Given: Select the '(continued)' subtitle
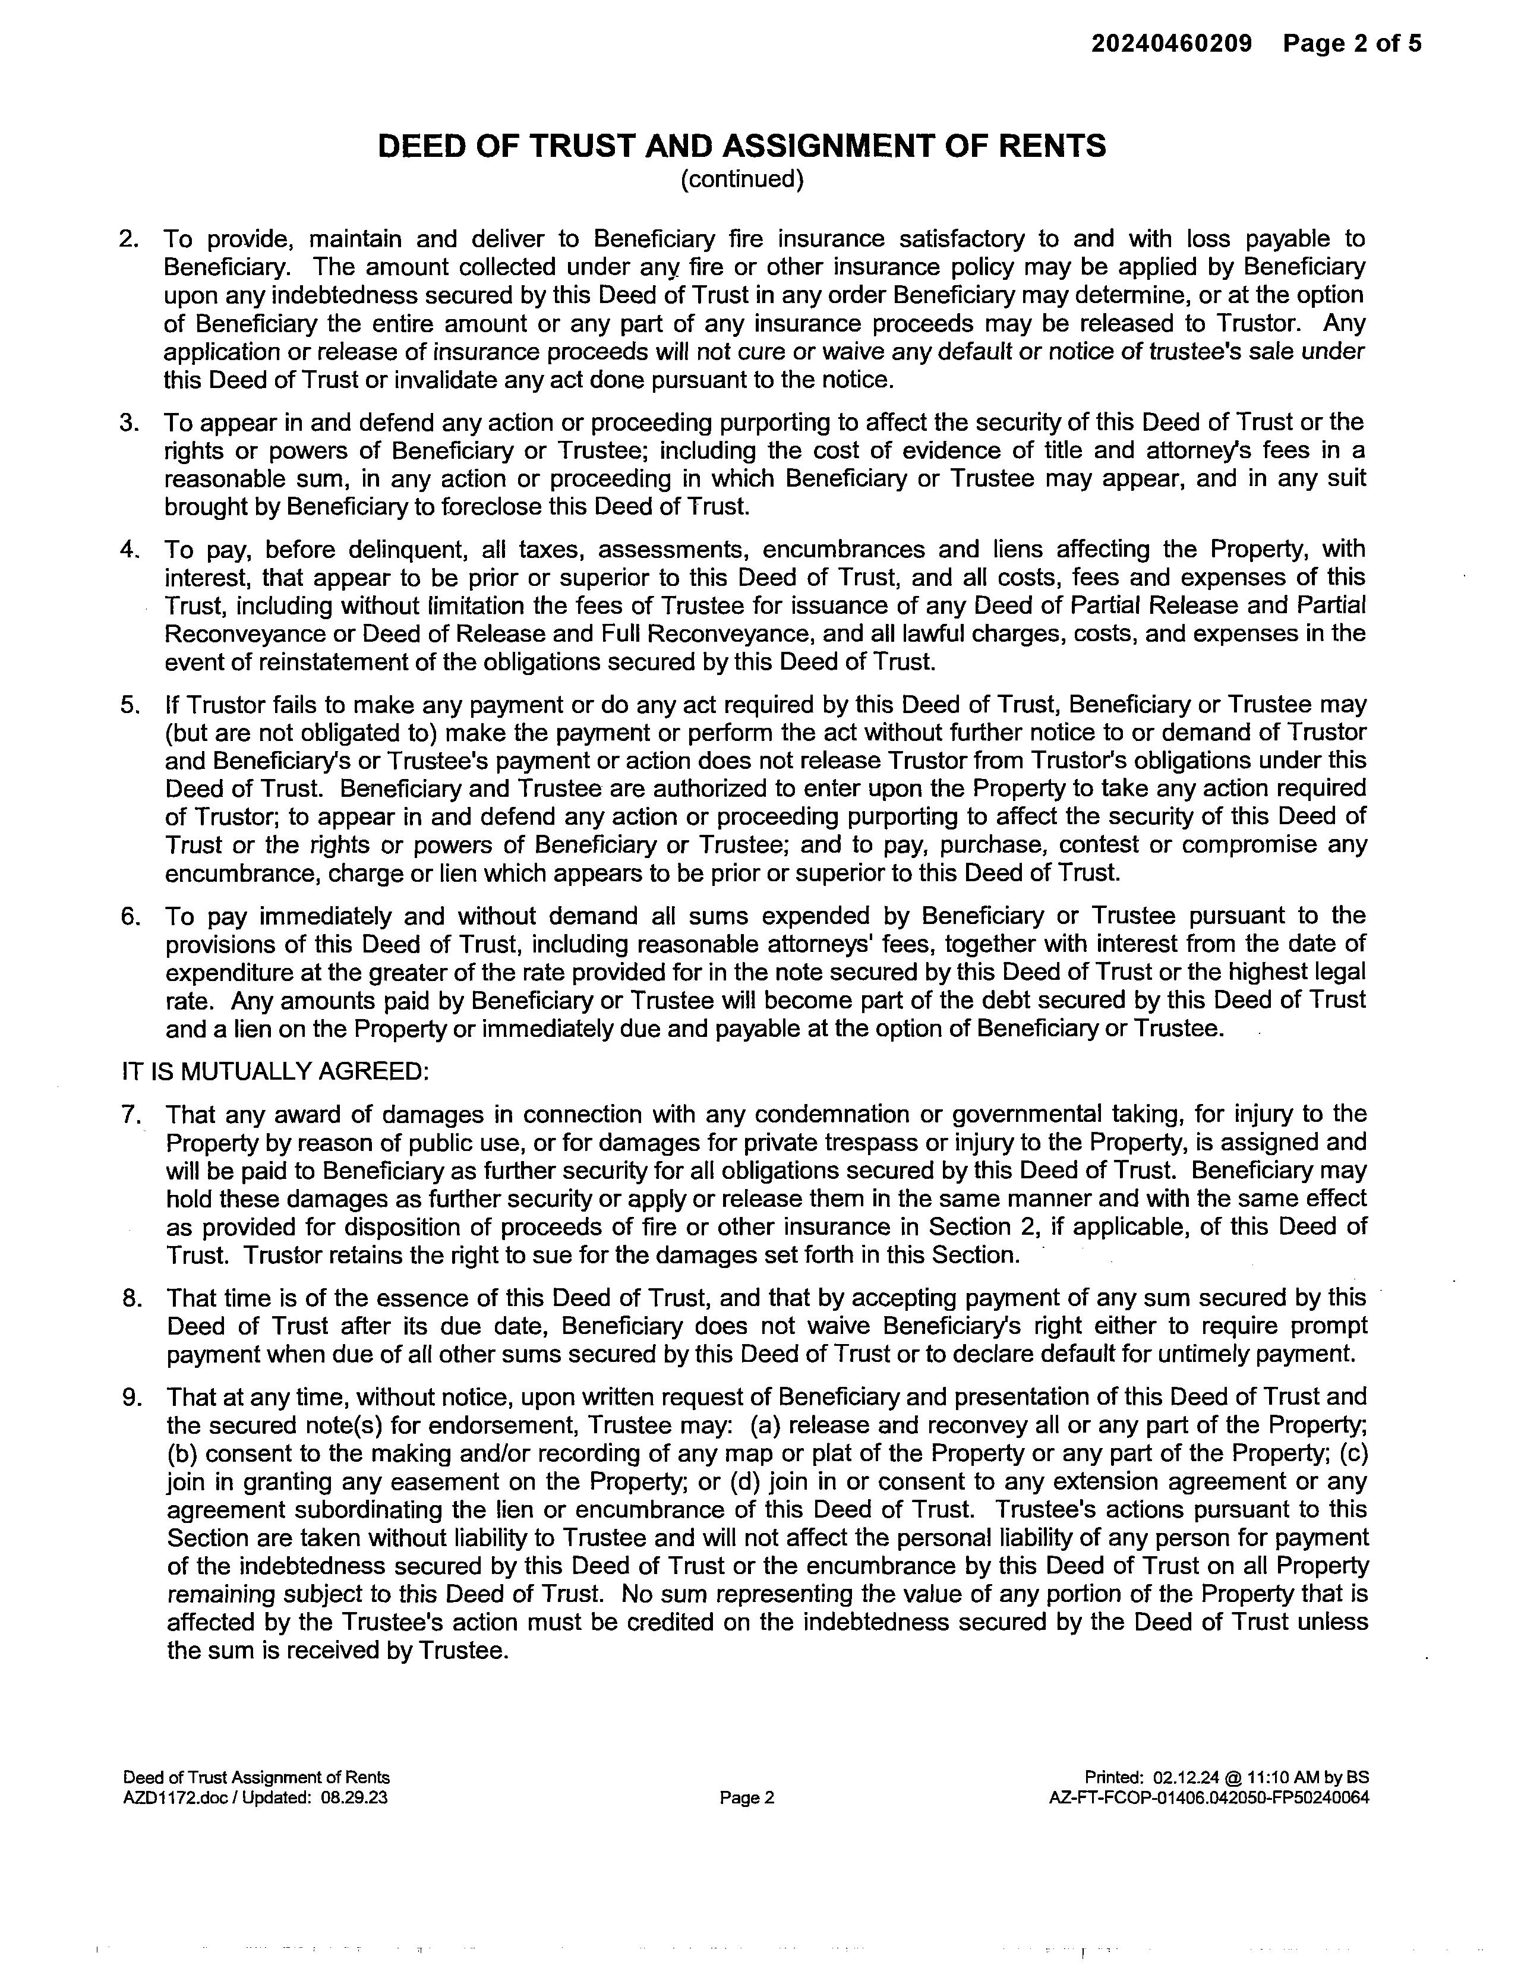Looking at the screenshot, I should click(741, 179).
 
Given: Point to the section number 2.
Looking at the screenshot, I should click(129, 239).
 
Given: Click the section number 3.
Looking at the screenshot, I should click(129, 422).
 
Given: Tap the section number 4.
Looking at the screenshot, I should click(129, 549).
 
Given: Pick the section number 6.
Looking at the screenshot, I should click(130, 916).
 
